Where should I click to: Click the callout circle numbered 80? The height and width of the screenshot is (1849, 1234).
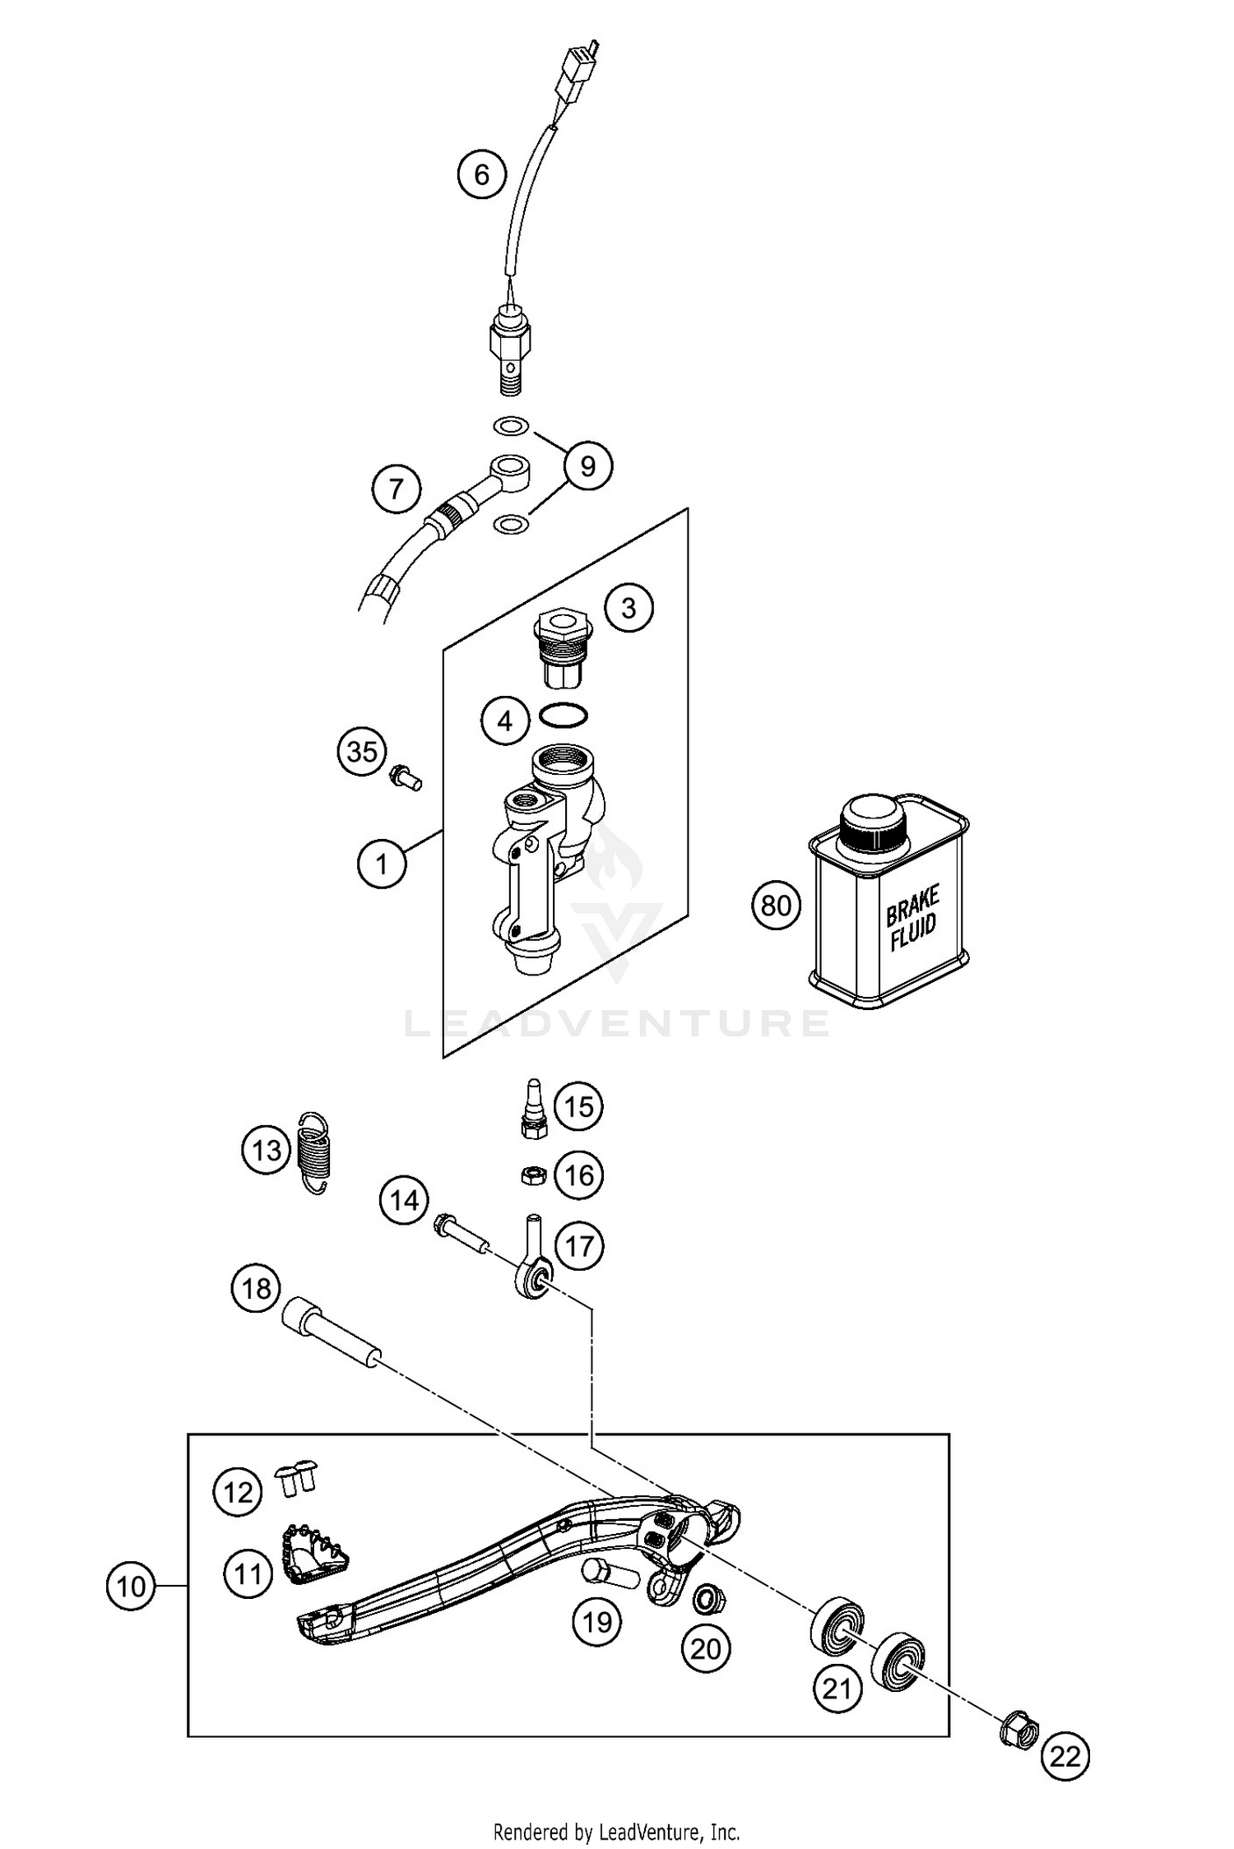click(x=776, y=906)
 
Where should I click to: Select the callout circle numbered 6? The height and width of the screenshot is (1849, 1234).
click(x=482, y=174)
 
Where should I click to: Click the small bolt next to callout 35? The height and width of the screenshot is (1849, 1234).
click(x=405, y=776)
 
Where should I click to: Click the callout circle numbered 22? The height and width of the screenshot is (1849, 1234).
click(x=1065, y=1757)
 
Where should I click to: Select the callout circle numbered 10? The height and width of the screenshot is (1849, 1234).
click(x=132, y=1587)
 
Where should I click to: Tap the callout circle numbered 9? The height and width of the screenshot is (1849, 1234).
click(x=587, y=466)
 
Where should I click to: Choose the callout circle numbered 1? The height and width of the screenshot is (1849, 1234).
click(x=382, y=864)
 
